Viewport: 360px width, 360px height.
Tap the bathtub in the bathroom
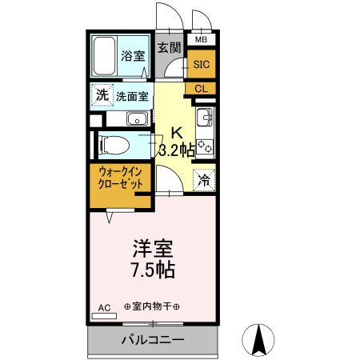[105, 56]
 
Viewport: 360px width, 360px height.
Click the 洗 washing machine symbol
[102, 95]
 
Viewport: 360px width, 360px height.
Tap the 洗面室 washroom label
[132, 97]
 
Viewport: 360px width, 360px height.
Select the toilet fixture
[113, 145]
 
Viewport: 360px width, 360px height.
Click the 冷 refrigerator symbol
[203, 181]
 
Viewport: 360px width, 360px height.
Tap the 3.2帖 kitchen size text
[177, 150]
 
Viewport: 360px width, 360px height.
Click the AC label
[104, 306]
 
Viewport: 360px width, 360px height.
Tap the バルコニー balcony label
[153, 340]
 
